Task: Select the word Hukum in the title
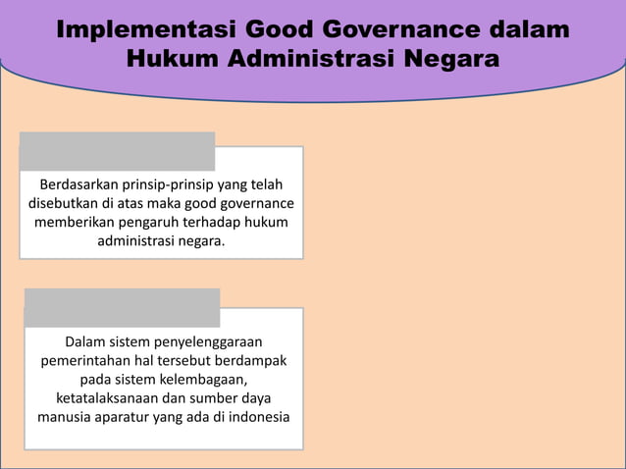pos(173,60)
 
